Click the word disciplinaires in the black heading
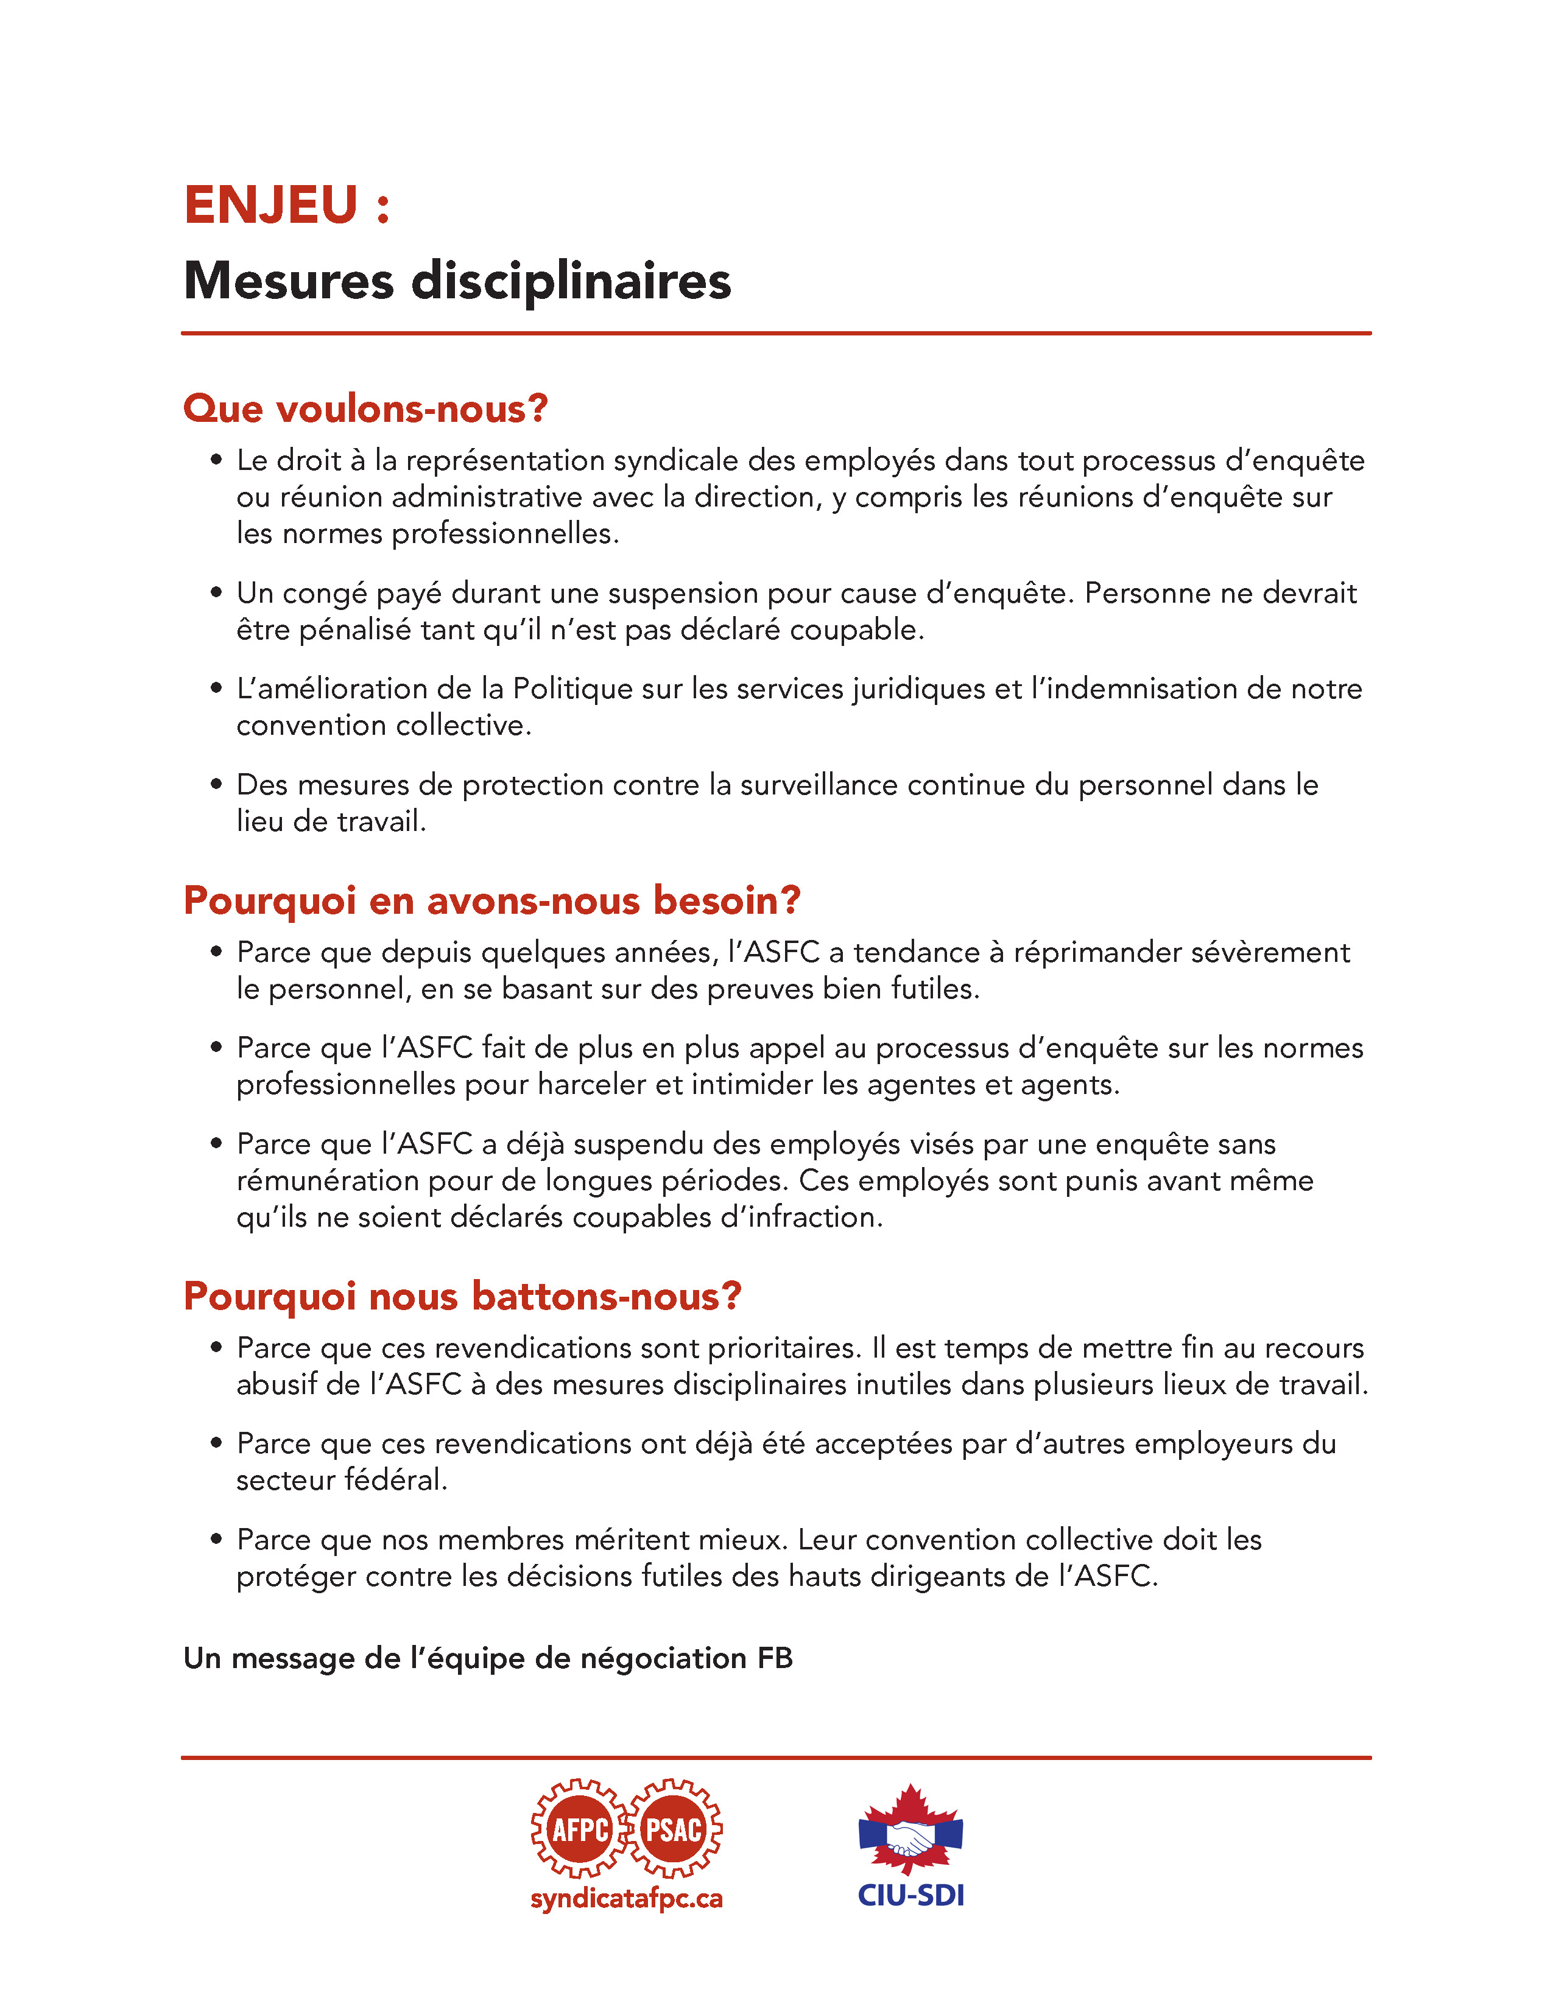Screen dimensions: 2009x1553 (x=571, y=281)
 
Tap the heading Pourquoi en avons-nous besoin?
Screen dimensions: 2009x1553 (x=492, y=900)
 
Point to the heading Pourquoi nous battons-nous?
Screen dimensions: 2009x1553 (x=462, y=1296)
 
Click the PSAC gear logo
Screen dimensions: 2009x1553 (x=674, y=1829)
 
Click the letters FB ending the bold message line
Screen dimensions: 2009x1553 (x=775, y=1658)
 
